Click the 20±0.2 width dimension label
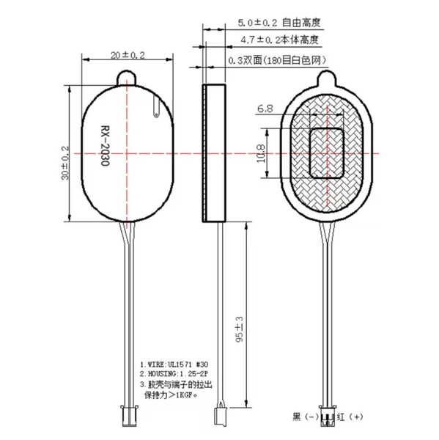tap(128, 55)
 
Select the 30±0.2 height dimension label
tap(64, 163)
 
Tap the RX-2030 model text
tap(106, 146)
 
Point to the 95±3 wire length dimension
tap(240, 329)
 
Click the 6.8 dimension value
tap(265, 109)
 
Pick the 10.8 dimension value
tap(261, 153)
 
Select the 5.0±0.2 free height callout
tap(279, 23)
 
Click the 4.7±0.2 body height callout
tap(280, 40)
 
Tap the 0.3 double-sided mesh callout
tap(278, 60)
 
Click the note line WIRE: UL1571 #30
tap(174, 364)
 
